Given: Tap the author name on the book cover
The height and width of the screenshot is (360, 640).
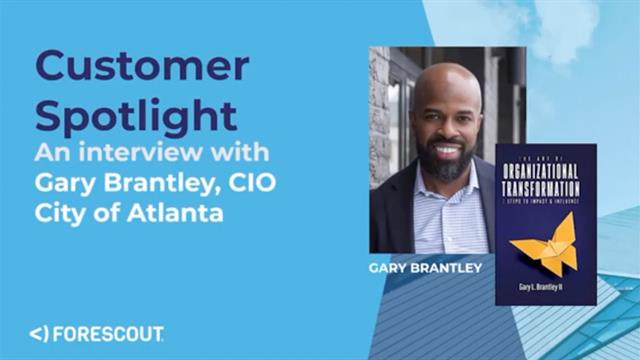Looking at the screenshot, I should pos(545,287).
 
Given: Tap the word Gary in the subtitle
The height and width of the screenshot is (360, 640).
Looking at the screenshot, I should pos(62,183).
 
